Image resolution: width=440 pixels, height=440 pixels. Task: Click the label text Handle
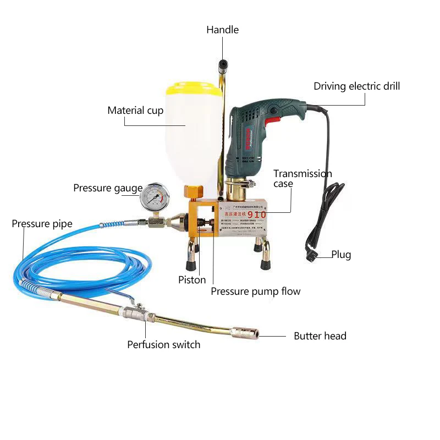(x=222, y=30)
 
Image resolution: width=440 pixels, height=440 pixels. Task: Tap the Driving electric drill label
(x=356, y=86)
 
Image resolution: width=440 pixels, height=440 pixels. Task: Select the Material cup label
(x=135, y=111)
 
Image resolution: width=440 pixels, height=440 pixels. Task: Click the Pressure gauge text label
(x=108, y=189)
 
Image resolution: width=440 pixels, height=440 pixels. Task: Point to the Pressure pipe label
(x=42, y=224)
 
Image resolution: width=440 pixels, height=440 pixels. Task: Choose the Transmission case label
(x=302, y=178)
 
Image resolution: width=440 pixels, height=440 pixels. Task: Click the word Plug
(x=341, y=255)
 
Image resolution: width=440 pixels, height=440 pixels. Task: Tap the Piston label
(x=192, y=280)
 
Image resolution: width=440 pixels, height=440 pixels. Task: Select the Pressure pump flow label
(x=256, y=291)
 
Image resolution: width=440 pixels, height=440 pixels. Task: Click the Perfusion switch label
(x=163, y=345)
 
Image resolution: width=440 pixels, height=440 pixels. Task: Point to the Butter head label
(x=320, y=335)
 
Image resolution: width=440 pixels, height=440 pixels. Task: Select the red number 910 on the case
(x=257, y=213)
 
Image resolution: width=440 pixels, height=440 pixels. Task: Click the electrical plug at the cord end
(x=312, y=254)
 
